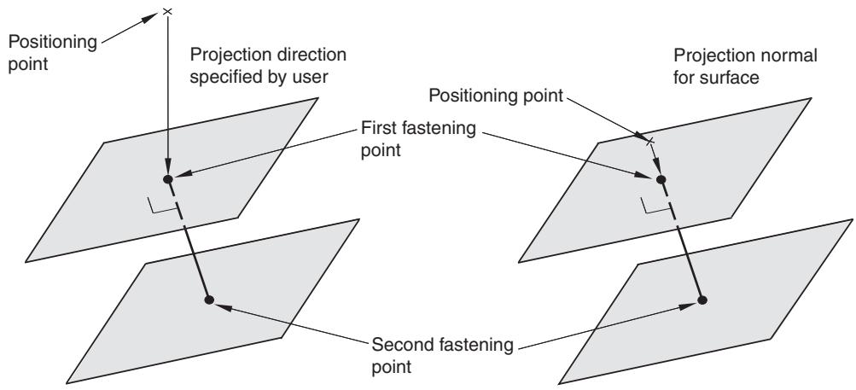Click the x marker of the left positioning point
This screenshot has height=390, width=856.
click(x=167, y=11)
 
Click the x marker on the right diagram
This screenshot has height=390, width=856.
click(x=649, y=142)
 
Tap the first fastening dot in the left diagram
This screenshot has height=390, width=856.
click(x=168, y=179)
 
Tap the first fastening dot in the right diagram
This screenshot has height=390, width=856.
click(x=661, y=179)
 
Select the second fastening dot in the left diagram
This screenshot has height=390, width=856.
click(x=208, y=300)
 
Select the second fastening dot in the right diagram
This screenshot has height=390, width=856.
click(x=702, y=300)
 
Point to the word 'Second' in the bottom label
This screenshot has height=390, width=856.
click(x=404, y=346)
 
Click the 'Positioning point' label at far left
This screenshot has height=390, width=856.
click(x=52, y=53)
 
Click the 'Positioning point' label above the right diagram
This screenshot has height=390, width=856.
click(x=496, y=96)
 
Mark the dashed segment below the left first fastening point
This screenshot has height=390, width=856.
click(x=177, y=203)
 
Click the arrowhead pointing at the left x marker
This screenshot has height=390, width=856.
click(x=150, y=18)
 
